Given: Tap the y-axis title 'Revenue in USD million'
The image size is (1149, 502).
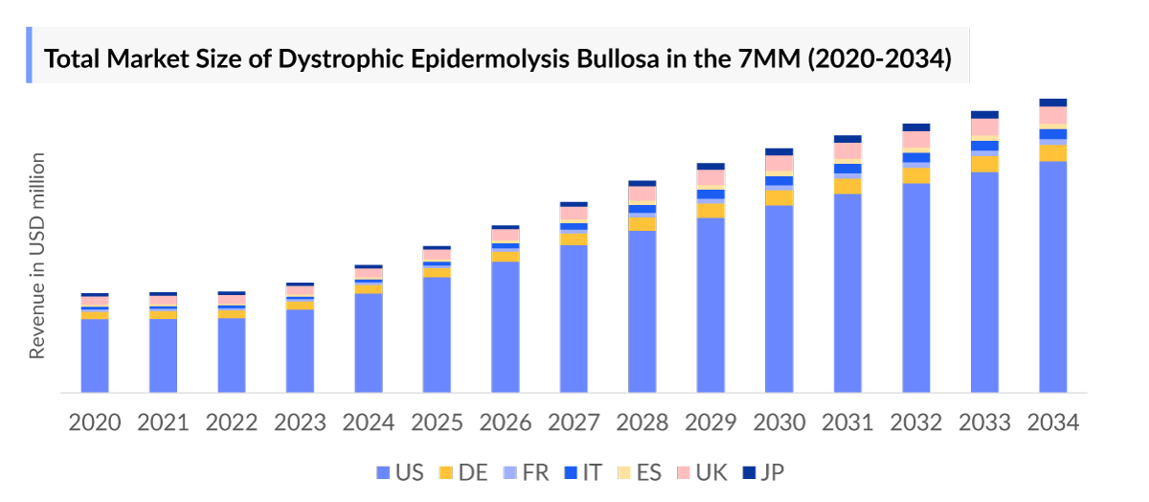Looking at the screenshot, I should tap(37, 256).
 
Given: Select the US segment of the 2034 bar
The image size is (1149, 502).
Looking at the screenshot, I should tap(1053, 278).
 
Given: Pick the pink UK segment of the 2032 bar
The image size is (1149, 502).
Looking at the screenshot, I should tap(916, 141).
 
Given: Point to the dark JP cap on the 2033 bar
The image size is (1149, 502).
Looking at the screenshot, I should tap(984, 114).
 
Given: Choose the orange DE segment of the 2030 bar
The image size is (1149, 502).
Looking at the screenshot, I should tap(779, 197).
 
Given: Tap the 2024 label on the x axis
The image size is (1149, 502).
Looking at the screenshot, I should tap(369, 422).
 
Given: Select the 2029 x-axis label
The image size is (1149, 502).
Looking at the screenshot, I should tap(710, 422).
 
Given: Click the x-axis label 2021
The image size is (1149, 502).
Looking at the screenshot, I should tap(163, 422).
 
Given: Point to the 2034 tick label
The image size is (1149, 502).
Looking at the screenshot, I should tap(1053, 422).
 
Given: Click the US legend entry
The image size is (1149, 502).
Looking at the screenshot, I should tap(400, 472).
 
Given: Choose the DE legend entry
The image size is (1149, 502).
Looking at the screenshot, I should tap(462, 472).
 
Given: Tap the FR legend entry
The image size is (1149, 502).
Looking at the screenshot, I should tap(526, 472).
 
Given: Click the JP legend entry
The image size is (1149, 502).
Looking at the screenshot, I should tap(763, 472).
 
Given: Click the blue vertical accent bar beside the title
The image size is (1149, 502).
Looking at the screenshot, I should tap(30, 56).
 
